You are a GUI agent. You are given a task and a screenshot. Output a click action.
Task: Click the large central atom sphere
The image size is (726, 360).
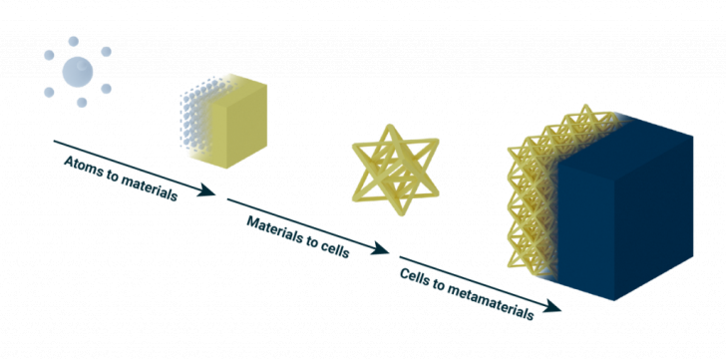tap(78, 70)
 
